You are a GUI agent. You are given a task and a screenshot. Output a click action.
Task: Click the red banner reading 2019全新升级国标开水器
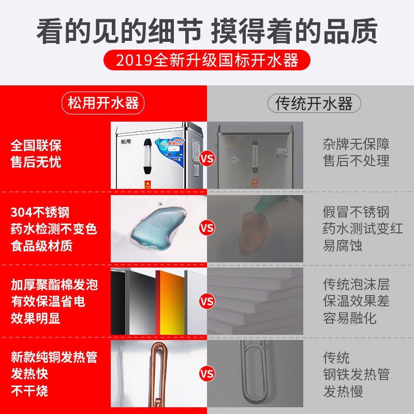tap(207, 60)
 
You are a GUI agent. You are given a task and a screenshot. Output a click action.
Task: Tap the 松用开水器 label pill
tap(103, 102)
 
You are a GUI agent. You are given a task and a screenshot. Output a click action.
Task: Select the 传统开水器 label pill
tap(314, 103)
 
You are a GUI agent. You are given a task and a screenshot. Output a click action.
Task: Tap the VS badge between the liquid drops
tap(207, 228)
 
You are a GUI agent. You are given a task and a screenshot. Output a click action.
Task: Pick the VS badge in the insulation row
tap(207, 301)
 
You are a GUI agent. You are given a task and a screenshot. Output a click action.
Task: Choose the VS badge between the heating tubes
tap(207, 374)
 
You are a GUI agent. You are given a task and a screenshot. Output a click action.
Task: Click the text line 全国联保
tap(36, 145)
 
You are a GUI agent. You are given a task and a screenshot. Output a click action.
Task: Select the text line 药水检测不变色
tap(54, 228)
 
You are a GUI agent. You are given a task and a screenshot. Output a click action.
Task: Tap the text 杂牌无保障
tap(356, 144)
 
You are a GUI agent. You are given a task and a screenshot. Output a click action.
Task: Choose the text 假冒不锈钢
tap(356, 212)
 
